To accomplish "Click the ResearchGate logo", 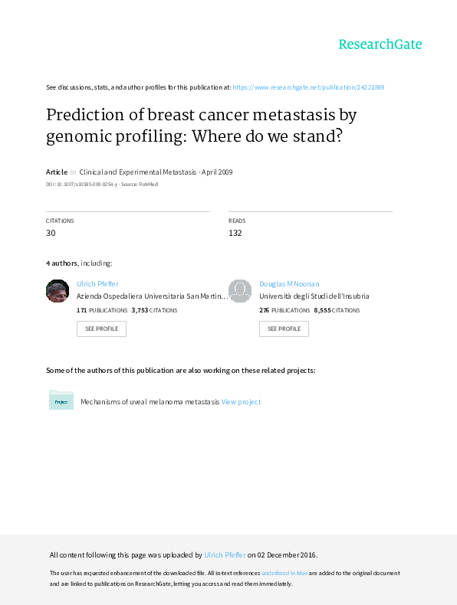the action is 380,44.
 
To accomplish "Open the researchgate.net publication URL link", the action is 308,87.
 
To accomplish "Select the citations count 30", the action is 51,233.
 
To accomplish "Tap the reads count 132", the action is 235,233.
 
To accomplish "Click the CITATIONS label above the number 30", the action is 60,221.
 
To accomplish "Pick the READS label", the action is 237,221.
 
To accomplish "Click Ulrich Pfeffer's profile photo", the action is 58,291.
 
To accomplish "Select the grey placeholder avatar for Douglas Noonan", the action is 240,291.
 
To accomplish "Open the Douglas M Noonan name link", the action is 289,284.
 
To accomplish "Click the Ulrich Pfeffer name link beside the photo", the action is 97,284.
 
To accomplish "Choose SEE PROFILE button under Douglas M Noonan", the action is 284,329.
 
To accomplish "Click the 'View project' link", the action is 241,401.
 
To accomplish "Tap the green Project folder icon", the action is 61,400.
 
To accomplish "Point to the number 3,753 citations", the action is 140,310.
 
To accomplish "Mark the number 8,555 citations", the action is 322,310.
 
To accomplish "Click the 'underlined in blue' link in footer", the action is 284,573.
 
